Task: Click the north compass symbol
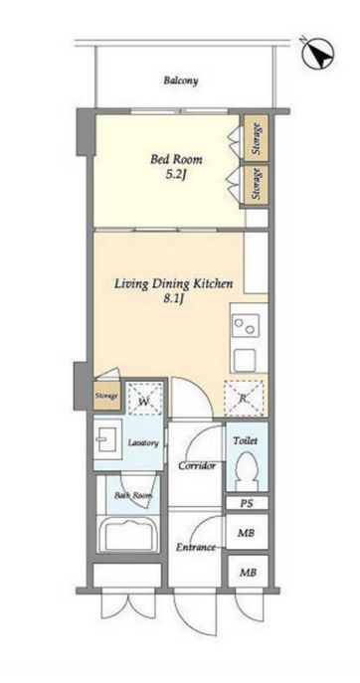click(318, 54)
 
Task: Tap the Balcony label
click(181, 81)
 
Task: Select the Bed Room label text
click(176, 160)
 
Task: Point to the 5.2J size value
click(176, 176)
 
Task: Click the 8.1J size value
click(173, 300)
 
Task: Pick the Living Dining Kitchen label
click(173, 284)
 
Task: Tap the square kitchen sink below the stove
click(245, 360)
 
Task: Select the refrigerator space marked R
click(244, 398)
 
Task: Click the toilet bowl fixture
click(247, 471)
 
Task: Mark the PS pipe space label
click(247, 503)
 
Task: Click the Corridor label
click(197, 466)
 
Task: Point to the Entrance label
click(196, 548)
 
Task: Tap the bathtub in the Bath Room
click(128, 534)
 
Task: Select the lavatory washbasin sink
click(105, 438)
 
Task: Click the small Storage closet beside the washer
click(106, 396)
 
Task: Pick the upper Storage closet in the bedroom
click(256, 137)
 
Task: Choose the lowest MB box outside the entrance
click(247, 572)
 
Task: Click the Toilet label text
click(246, 440)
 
